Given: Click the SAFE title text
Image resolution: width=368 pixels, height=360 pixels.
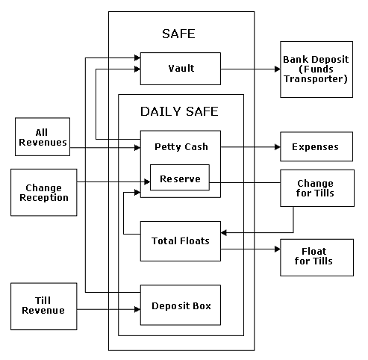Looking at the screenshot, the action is pyautogui.click(x=178, y=34).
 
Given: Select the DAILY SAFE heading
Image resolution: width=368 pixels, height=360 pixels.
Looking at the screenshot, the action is pyautogui.click(x=179, y=111).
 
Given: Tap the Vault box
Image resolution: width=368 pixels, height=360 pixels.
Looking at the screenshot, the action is pyautogui.click(x=181, y=69).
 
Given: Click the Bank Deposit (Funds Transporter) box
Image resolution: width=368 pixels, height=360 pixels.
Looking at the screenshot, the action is pyautogui.click(x=316, y=69).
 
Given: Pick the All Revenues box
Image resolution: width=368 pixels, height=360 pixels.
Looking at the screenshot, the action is pyautogui.click(x=43, y=137).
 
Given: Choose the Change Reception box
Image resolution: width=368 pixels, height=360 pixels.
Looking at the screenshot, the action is pyautogui.click(x=44, y=193).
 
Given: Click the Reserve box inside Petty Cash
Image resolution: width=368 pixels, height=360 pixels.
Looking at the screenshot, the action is pyautogui.click(x=180, y=178).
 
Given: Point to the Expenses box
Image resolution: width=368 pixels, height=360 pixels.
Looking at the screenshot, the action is pyautogui.click(x=316, y=146).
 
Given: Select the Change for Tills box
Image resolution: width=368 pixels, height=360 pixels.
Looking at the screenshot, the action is pyautogui.click(x=317, y=188).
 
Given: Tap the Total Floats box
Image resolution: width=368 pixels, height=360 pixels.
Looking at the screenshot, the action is pyautogui.click(x=181, y=241).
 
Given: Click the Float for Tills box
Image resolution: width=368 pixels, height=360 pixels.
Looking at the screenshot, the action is pyautogui.click(x=316, y=258).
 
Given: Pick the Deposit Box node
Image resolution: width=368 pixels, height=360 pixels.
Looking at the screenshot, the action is pyautogui.click(x=181, y=305).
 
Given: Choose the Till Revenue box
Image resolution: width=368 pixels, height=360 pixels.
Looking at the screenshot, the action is pyautogui.click(x=44, y=306).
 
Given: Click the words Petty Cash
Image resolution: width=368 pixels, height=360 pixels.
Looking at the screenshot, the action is pyautogui.click(x=181, y=147).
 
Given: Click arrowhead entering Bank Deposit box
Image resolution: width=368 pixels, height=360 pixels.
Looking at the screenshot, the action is pyautogui.click(x=277, y=69).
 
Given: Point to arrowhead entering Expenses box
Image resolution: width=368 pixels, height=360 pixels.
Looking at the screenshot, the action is pyautogui.click(x=277, y=147).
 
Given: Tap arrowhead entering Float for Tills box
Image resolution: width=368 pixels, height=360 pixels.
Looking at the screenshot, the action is pyautogui.click(x=277, y=249).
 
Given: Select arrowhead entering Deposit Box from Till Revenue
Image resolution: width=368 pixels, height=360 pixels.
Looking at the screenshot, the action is pyautogui.click(x=137, y=309).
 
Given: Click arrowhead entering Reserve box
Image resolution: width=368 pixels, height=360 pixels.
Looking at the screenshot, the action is pyautogui.click(x=147, y=182).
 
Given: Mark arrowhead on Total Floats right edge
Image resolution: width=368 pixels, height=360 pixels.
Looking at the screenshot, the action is pyautogui.click(x=224, y=233).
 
